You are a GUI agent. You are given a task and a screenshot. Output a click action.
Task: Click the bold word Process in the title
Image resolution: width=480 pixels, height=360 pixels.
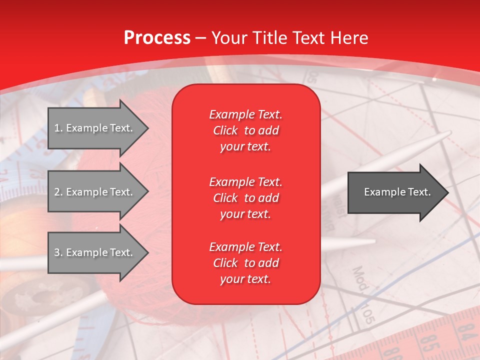(157, 38)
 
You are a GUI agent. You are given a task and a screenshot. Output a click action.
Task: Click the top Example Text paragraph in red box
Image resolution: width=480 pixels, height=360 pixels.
(245, 130)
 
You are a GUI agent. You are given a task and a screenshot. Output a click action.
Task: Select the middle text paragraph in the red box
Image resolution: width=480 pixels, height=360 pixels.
(245, 197)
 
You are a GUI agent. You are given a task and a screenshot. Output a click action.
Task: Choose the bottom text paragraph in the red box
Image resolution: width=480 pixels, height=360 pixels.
(245, 263)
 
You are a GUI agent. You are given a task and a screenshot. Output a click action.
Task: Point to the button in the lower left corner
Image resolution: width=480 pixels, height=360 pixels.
(30, 300)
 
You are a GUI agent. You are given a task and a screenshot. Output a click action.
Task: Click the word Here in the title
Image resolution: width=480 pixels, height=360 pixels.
(350, 38)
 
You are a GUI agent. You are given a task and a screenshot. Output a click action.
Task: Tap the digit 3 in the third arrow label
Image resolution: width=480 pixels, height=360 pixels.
(56, 252)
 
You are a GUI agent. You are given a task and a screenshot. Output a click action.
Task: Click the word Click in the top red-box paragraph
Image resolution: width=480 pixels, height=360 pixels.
(225, 130)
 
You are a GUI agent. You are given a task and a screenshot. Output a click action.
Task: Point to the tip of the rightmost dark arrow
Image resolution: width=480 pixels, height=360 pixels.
(447, 192)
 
